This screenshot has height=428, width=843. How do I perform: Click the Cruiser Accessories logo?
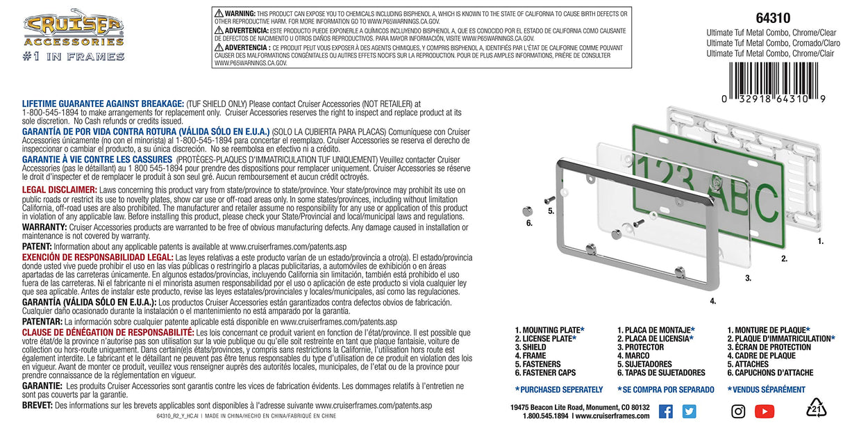pyautogui.click(x=74, y=28)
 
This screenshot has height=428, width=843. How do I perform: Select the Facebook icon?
pyautogui.click(x=665, y=411)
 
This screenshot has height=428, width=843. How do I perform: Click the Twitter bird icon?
pyautogui.click(x=689, y=411)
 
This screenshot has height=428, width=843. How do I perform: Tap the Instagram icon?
pyautogui.click(x=738, y=411)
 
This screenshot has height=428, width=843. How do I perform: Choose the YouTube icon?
pyautogui.click(x=764, y=411)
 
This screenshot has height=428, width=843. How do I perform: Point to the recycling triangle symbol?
pyautogui.click(x=816, y=409)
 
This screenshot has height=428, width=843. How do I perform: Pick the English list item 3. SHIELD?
pyautogui.click(x=531, y=347)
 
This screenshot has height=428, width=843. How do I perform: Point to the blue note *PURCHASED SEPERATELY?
pyautogui.click(x=558, y=390)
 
